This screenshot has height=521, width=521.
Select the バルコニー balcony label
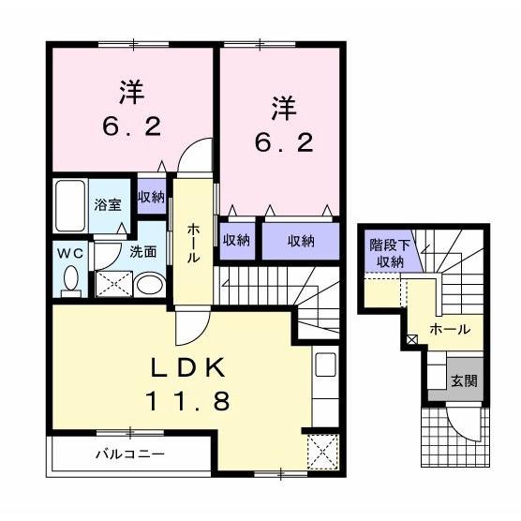[129, 455]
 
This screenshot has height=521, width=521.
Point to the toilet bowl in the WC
[71, 278]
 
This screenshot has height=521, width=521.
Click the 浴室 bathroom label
[107, 203]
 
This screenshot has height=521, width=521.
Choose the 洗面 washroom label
[142, 251]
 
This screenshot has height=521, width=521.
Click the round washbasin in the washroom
[147, 283]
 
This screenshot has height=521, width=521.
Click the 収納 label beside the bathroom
[151, 197]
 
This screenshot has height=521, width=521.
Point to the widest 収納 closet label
[300, 241]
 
